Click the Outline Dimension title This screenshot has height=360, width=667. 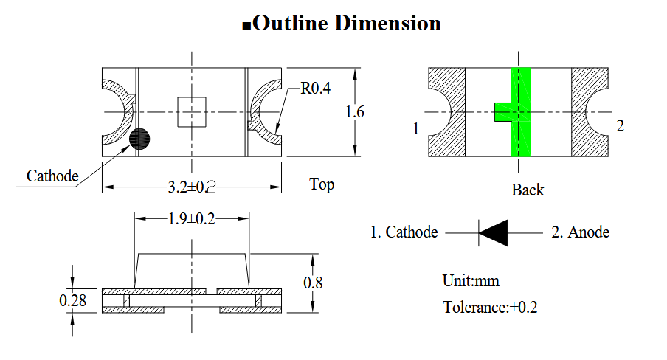[342, 24]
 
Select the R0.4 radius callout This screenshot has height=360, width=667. [315, 89]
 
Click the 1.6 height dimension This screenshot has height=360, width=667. [355, 112]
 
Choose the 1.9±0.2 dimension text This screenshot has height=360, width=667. [191, 218]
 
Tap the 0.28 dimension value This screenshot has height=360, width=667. [73, 300]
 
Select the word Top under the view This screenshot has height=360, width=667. [322, 184]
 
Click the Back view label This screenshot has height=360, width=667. [528, 190]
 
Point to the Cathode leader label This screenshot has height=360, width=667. [52, 176]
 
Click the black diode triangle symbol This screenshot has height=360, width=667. [493, 232]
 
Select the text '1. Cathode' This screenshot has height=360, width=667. [404, 232]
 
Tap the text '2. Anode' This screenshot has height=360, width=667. [581, 232]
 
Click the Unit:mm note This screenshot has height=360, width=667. [471, 281]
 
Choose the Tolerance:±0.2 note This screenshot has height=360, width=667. [490, 308]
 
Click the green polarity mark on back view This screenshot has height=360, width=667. [521, 112]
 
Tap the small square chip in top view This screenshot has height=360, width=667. [192, 112]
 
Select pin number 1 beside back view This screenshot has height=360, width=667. [416, 129]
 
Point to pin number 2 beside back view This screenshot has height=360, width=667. [620, 126]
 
